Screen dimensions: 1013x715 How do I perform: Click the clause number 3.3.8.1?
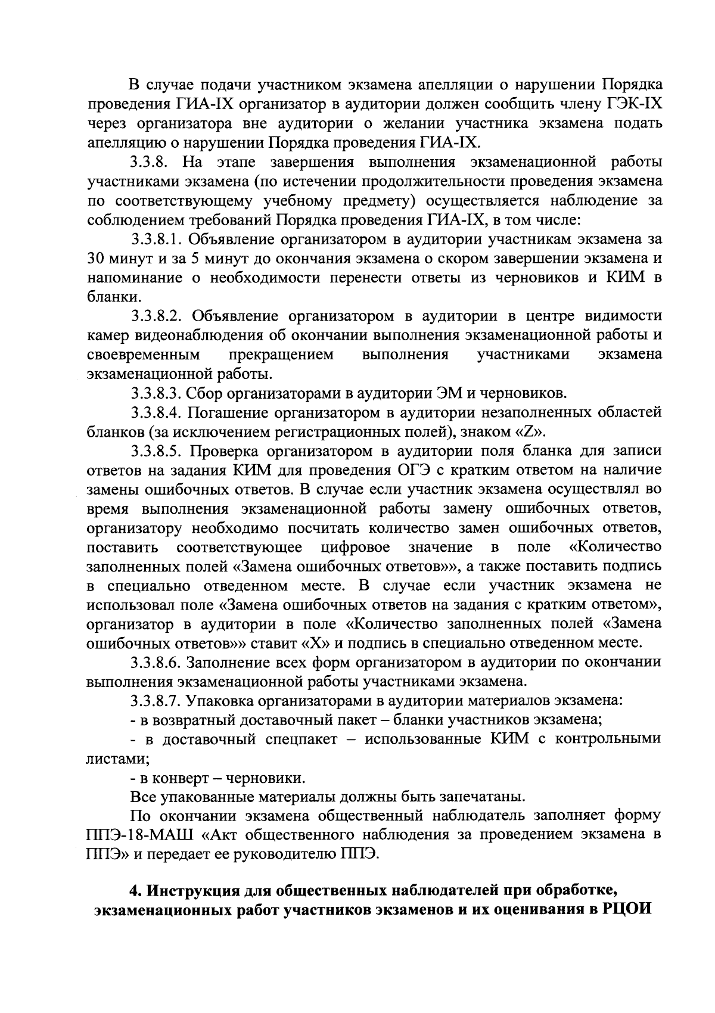pos(156,240)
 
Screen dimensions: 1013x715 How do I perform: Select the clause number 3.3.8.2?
pos(156,316)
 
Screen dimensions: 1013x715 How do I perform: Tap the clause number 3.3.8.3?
pos(156,393)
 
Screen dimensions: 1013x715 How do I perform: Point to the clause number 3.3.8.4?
pos(156,412)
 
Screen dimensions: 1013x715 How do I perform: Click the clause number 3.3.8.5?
pos(156,451)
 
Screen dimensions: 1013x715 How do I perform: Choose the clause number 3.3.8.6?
pos(156,663)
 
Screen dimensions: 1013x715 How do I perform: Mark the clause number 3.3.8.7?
pos(156,701)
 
